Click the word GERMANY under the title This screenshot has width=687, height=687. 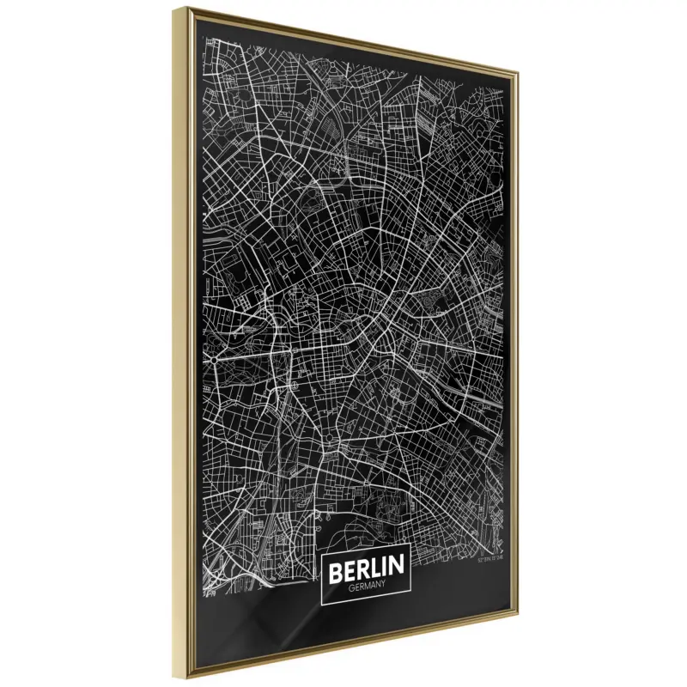click(366, 587)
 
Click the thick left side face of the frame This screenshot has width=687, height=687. click(188, 343)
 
